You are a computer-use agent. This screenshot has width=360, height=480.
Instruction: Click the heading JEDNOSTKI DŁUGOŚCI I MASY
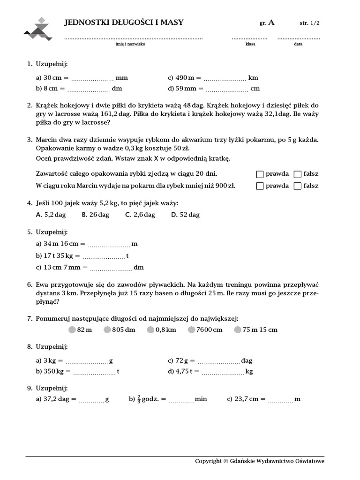pos(124,22)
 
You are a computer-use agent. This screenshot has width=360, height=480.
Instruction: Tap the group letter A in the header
pos(272,22)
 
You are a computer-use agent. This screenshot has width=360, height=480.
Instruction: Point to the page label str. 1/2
pos(310,22)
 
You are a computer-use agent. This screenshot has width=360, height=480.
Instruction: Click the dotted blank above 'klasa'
pos(249,38)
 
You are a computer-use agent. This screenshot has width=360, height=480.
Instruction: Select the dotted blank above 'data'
pos(299,38)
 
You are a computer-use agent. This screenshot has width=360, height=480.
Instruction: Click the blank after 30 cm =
pos(92,79)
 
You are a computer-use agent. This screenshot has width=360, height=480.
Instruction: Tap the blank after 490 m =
pos(225,79)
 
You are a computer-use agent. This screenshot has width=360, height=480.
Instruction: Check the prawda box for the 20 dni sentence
pos(260,174)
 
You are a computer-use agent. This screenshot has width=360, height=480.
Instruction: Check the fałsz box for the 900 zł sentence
pos(297,186)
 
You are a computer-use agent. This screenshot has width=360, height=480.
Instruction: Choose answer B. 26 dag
pos(95,215)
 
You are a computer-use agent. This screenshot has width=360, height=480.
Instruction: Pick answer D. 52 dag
pos(185,215)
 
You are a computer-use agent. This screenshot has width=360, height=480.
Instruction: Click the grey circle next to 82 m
pos(72,330)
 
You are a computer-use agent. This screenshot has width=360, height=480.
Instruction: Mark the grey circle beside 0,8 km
pos(150,330)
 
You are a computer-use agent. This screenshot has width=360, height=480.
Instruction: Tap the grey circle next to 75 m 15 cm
pos(238,330)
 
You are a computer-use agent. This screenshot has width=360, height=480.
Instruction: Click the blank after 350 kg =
pos(94,373)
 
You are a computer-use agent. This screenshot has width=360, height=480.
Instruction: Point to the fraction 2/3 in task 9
pos(139,399)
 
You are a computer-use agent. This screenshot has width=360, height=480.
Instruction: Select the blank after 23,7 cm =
pos(281,400)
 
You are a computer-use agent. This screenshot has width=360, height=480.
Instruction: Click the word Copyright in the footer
pos(208,461)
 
